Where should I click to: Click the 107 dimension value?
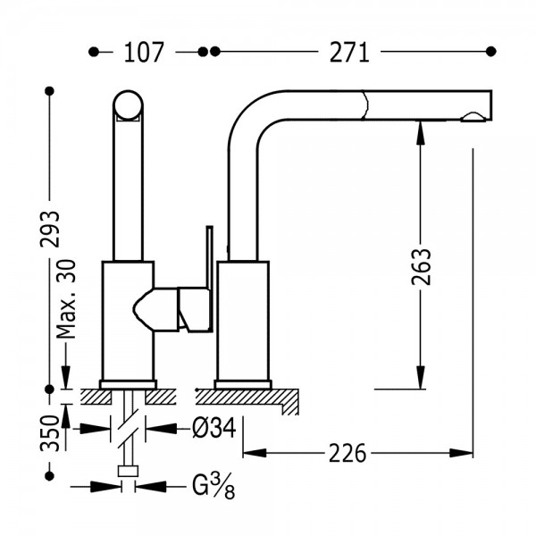tap(144, 53)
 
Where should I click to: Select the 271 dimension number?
tap(349, 53)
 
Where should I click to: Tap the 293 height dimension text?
tap(50, 229)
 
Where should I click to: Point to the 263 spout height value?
tap(421, 266)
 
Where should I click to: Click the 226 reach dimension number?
tap(348, 453)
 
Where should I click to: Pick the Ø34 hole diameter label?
tap(214, 428)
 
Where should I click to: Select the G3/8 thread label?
tap(214, 486)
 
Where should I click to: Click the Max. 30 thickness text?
tap(66, 298)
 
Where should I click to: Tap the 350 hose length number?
tap(50, 433)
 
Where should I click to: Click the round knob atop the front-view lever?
tap(128, 105)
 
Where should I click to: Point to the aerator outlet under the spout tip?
tap(473, 117)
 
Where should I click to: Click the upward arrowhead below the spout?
tap(421, 132)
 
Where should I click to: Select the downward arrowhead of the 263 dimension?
tap(421, 378)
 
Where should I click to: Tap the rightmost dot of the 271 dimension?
tap(490, 52)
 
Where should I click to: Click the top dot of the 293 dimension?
tap(50, 91)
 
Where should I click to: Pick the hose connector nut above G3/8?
tap(128, 471)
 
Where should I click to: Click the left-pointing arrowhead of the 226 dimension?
tap(255, 453)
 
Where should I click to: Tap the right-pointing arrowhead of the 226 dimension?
tap(461, 453)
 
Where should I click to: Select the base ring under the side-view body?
tap(243, 384)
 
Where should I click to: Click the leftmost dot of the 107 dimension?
tap(93, 52)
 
